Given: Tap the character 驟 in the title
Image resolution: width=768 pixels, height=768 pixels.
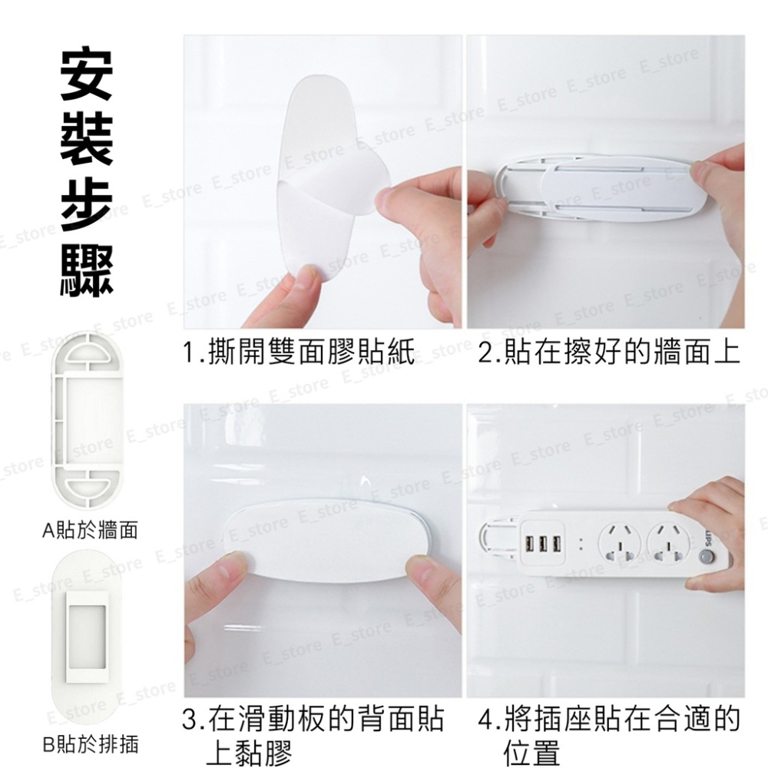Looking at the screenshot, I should coord(86,266).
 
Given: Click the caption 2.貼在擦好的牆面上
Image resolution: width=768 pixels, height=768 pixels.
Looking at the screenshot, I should coord(609,354).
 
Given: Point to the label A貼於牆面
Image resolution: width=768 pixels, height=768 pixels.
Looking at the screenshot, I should coord(90,530).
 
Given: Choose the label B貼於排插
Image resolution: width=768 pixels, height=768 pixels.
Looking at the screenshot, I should coord(90,744).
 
